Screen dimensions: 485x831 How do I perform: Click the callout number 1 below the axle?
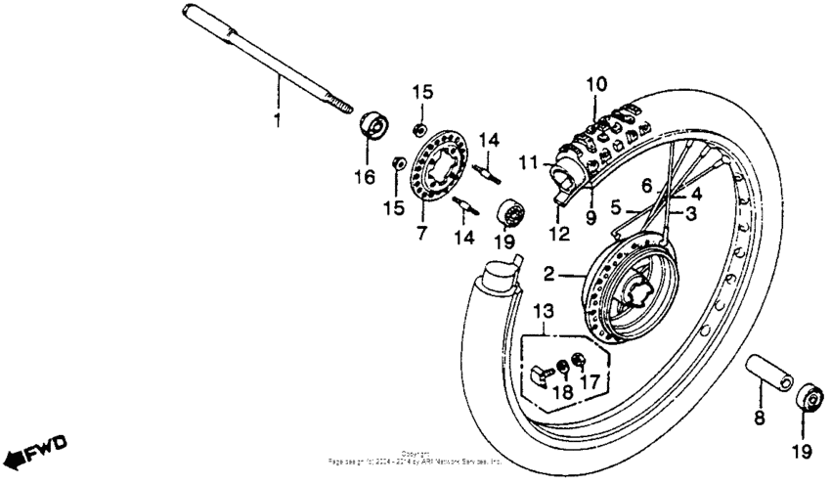point(277,120)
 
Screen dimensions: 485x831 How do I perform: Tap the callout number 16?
point(368,176)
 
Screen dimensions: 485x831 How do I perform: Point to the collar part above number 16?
point(372,125)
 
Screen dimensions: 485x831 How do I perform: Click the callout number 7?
point(422,234)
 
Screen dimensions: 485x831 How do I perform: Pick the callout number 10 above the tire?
point(595,84)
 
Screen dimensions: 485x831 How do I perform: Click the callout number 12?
point(558,234)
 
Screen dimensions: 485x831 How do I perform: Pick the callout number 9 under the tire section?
point(590,218)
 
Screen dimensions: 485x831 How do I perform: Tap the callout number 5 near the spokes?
point(616,208)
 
